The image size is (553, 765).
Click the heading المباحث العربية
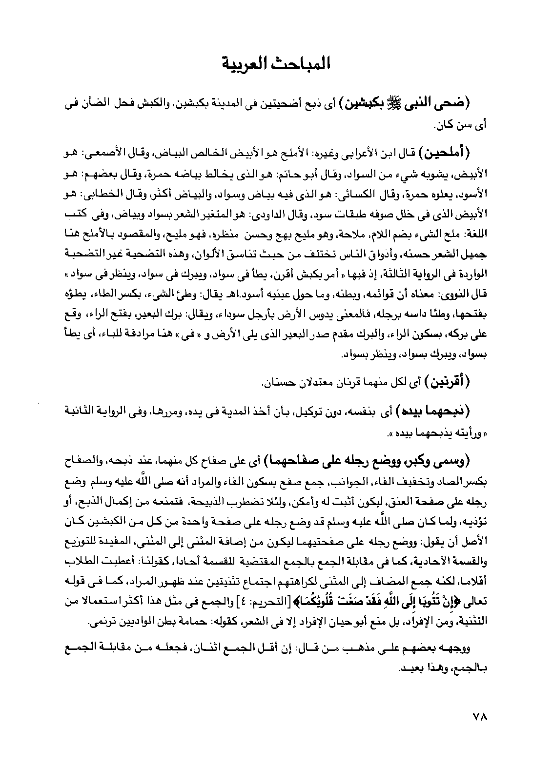pyautogui.click(x=276, y=64)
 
